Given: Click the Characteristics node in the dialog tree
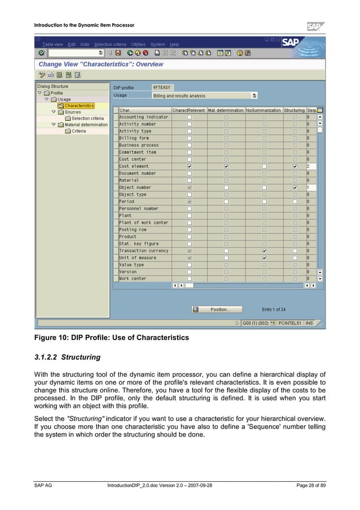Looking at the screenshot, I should click(78, 106).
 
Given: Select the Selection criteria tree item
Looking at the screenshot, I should click(87, 119).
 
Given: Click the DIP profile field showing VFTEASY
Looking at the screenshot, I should click(163, 88).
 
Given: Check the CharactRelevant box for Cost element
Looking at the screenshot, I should click(189, 167).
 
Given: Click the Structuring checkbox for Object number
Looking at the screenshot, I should click(295, 188).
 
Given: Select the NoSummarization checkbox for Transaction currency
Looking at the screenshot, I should click(264, 251).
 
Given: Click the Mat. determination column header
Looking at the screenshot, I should click(226, 110).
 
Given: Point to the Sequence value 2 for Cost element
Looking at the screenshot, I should click(310, 167).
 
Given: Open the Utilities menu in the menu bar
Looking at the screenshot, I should click(138, 45).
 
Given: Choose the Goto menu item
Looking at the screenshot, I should click(85, 45).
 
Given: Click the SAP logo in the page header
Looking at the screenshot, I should click(315, 26).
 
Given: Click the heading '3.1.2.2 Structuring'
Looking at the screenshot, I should click(68, 358).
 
